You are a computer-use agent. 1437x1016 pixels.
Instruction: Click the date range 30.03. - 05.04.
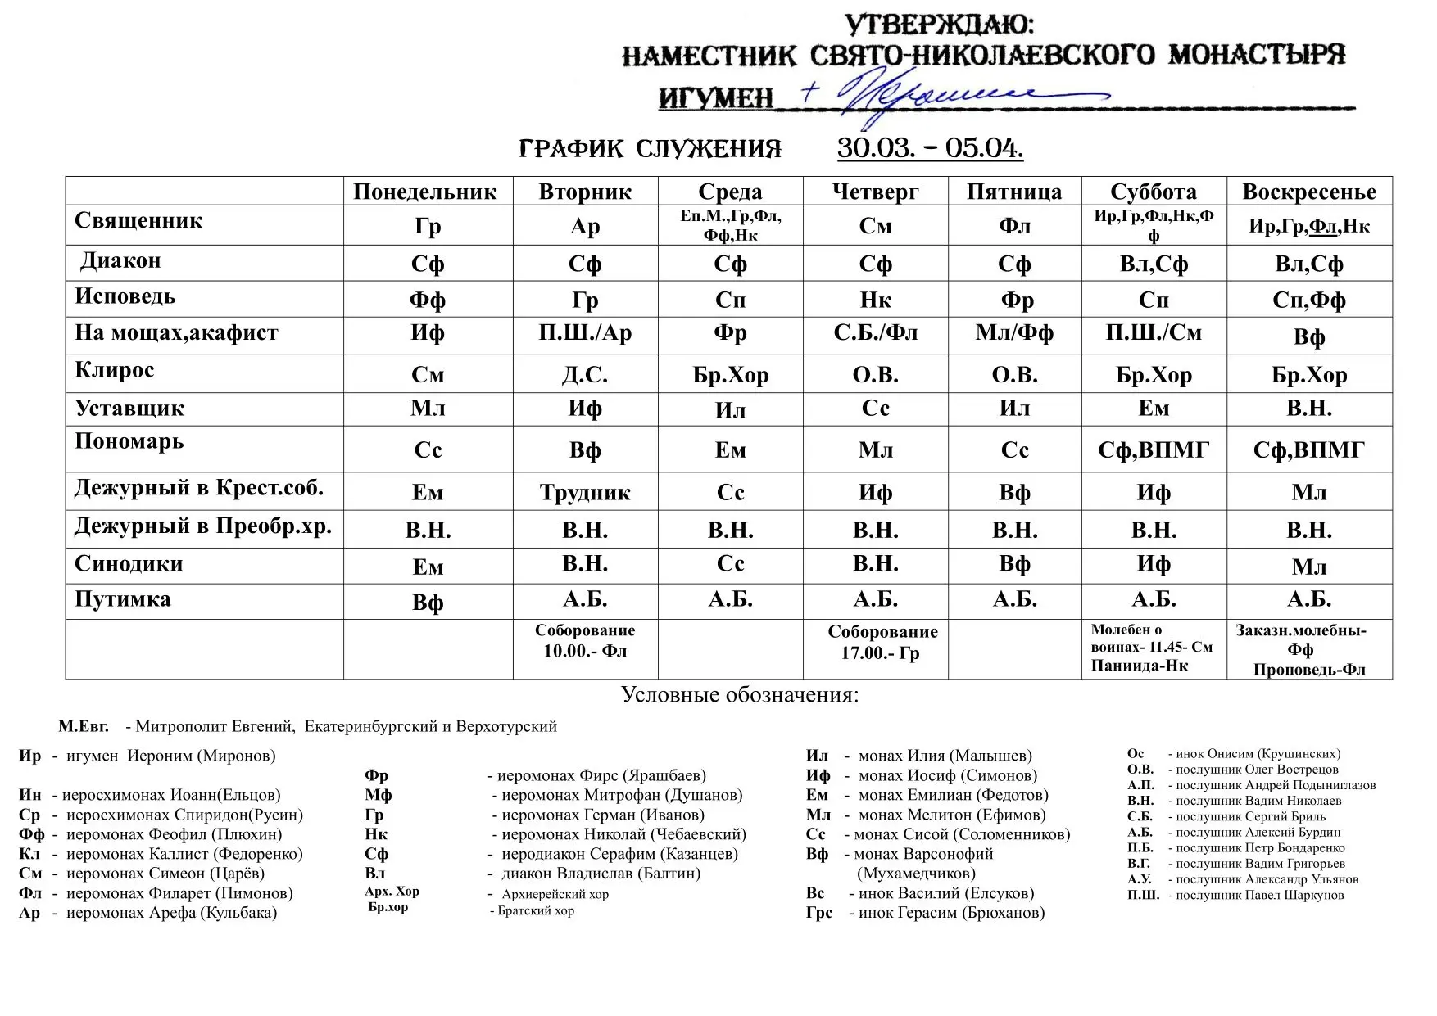(930, 148)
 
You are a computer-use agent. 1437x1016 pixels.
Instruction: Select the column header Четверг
(875, 192)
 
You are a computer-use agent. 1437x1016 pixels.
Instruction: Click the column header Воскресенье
(1308, 192)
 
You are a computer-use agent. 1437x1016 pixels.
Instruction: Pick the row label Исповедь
(125, 296)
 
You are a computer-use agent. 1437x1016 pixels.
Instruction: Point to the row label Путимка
(123, 599)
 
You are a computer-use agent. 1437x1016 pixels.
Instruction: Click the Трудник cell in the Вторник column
(585, 493)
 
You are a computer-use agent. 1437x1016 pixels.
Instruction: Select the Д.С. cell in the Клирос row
(585, 375)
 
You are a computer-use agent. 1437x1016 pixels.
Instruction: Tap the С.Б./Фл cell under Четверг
(875, 333)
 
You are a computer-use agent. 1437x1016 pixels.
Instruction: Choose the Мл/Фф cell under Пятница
(1014, 333)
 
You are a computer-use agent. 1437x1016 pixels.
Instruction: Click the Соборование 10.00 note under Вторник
(585, 641)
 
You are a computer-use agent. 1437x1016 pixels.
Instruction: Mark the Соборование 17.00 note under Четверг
(882, 643)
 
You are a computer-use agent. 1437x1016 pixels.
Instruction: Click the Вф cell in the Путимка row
(428, 603)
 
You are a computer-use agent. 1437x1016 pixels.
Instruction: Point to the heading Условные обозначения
(740, 695)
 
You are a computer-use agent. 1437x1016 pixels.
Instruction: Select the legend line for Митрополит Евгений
(307, 726)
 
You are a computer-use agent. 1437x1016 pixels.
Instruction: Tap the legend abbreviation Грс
(818, 913)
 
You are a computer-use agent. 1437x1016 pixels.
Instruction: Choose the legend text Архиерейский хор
(555, 894)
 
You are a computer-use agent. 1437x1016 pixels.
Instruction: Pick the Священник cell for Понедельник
(428, 226)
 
